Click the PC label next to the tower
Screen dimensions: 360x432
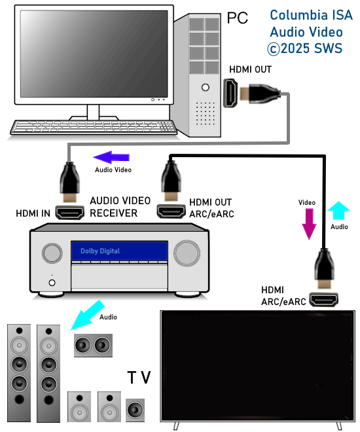pos(237,18)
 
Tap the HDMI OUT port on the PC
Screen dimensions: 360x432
pos(230,93)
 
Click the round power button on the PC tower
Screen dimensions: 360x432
pos(206,87)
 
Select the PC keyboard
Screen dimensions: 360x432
pos(94,127)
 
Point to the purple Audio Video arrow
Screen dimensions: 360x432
pos(111,157)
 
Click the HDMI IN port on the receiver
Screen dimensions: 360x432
pos(69,213)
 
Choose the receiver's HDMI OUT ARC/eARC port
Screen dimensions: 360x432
pos(171,211)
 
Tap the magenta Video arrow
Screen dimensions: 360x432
pos(309,224)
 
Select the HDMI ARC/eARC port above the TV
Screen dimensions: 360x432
pos(323,300)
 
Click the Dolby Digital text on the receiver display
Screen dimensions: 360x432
pos(100,251)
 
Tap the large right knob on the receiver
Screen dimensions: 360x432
pos(187,253)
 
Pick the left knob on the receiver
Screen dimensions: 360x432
pos(52,253)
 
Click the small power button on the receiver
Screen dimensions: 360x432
pos(52,283)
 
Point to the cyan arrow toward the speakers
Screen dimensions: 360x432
pos(88,315)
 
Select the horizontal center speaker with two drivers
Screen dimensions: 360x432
pos(93,345)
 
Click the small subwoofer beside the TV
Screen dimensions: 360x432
pos(135,410)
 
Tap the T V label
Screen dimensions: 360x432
pos(139,377)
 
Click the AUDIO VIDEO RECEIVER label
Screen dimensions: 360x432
pos(120,207)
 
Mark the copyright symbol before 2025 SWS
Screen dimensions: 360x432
pos(273,49)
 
